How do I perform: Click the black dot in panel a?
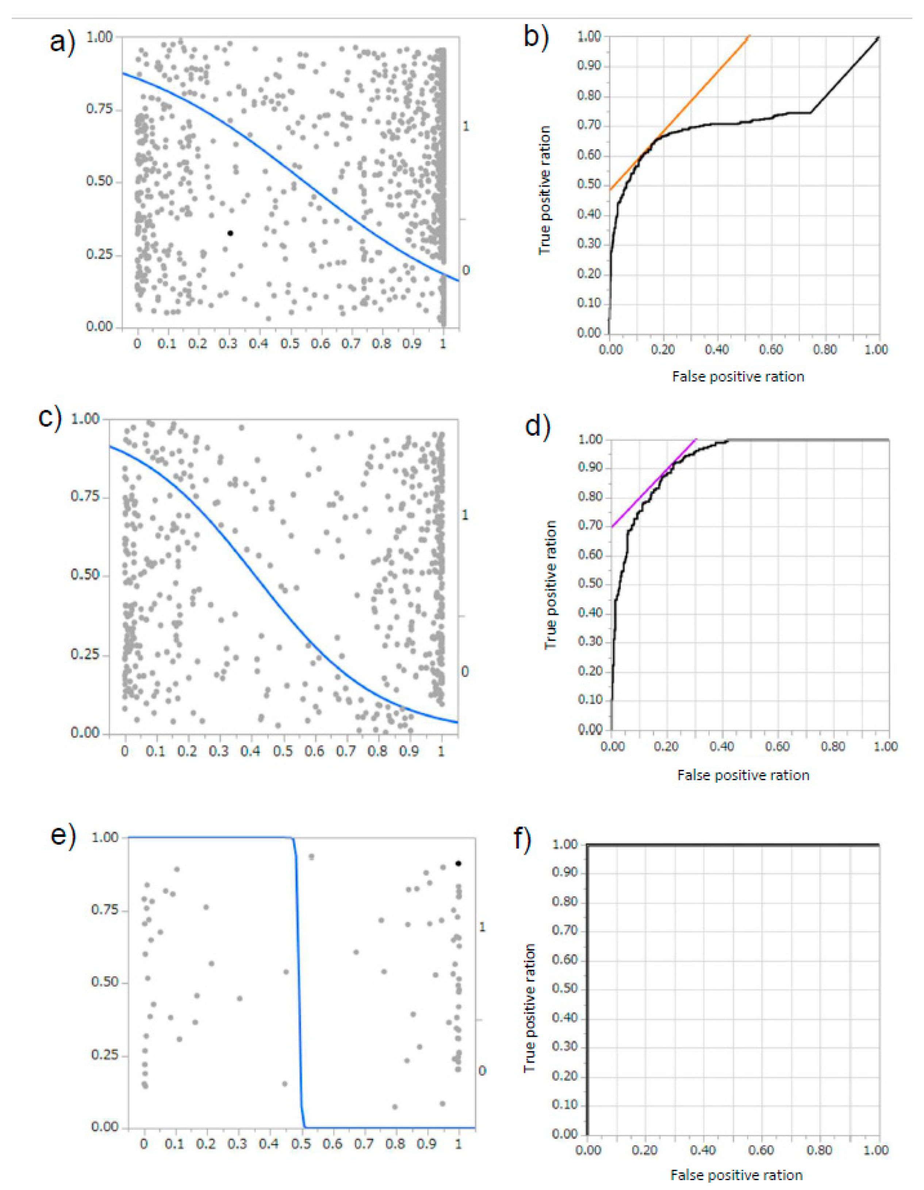tap(230, 233)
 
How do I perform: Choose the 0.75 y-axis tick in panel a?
tap(99, 109)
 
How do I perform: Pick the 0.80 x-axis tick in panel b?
tap(825, 349)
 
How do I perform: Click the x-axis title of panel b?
tap(738, 376)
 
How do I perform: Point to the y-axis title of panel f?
tap(530, 1008)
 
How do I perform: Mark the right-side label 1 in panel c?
tap(465, 514)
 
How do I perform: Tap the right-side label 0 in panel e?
tap(482, 1071)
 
